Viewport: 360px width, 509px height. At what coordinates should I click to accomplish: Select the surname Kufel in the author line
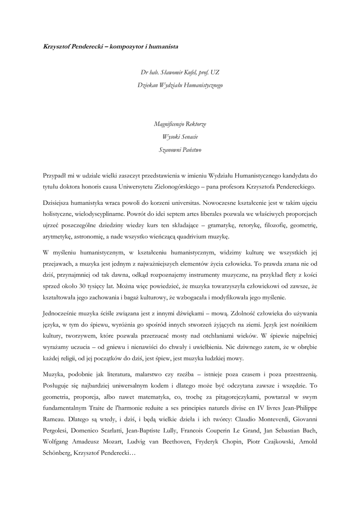[x=188, y=72]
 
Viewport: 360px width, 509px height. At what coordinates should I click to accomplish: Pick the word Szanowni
[x=170, y=150]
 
